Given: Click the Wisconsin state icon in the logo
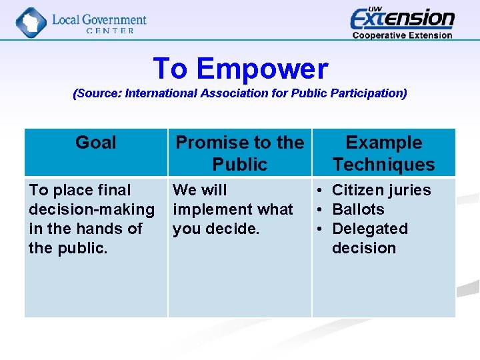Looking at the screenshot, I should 31,22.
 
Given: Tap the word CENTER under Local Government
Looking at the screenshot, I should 109,31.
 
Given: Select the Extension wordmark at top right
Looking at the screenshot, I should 402,18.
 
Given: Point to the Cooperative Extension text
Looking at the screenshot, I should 402,35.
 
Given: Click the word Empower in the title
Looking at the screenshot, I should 262,69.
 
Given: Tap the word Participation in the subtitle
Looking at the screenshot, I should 370,93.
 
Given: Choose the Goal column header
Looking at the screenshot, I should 95,143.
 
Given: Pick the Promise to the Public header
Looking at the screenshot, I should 239,153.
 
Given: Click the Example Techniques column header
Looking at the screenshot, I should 383,153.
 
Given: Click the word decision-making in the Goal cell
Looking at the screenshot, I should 91,209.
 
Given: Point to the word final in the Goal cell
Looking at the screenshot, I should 113,190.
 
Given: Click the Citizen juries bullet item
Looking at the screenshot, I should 381,190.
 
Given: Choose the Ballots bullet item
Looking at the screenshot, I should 358,209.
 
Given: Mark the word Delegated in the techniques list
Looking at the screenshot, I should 369,229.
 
